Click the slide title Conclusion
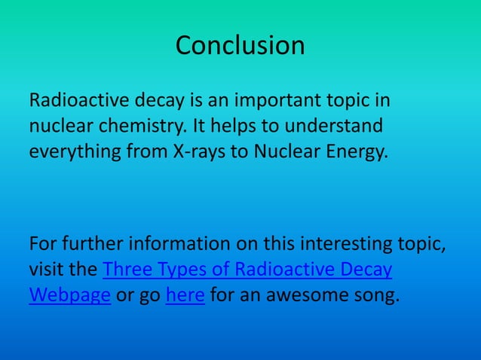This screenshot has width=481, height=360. pyautogui.click(x=240, y=46)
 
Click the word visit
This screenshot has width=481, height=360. pyautogui.click(x=49, y=270)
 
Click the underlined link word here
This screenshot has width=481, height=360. pyautogui.click(x=185, y=294)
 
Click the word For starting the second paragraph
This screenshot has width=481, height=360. pyautogui.click(x=43, y=245)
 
